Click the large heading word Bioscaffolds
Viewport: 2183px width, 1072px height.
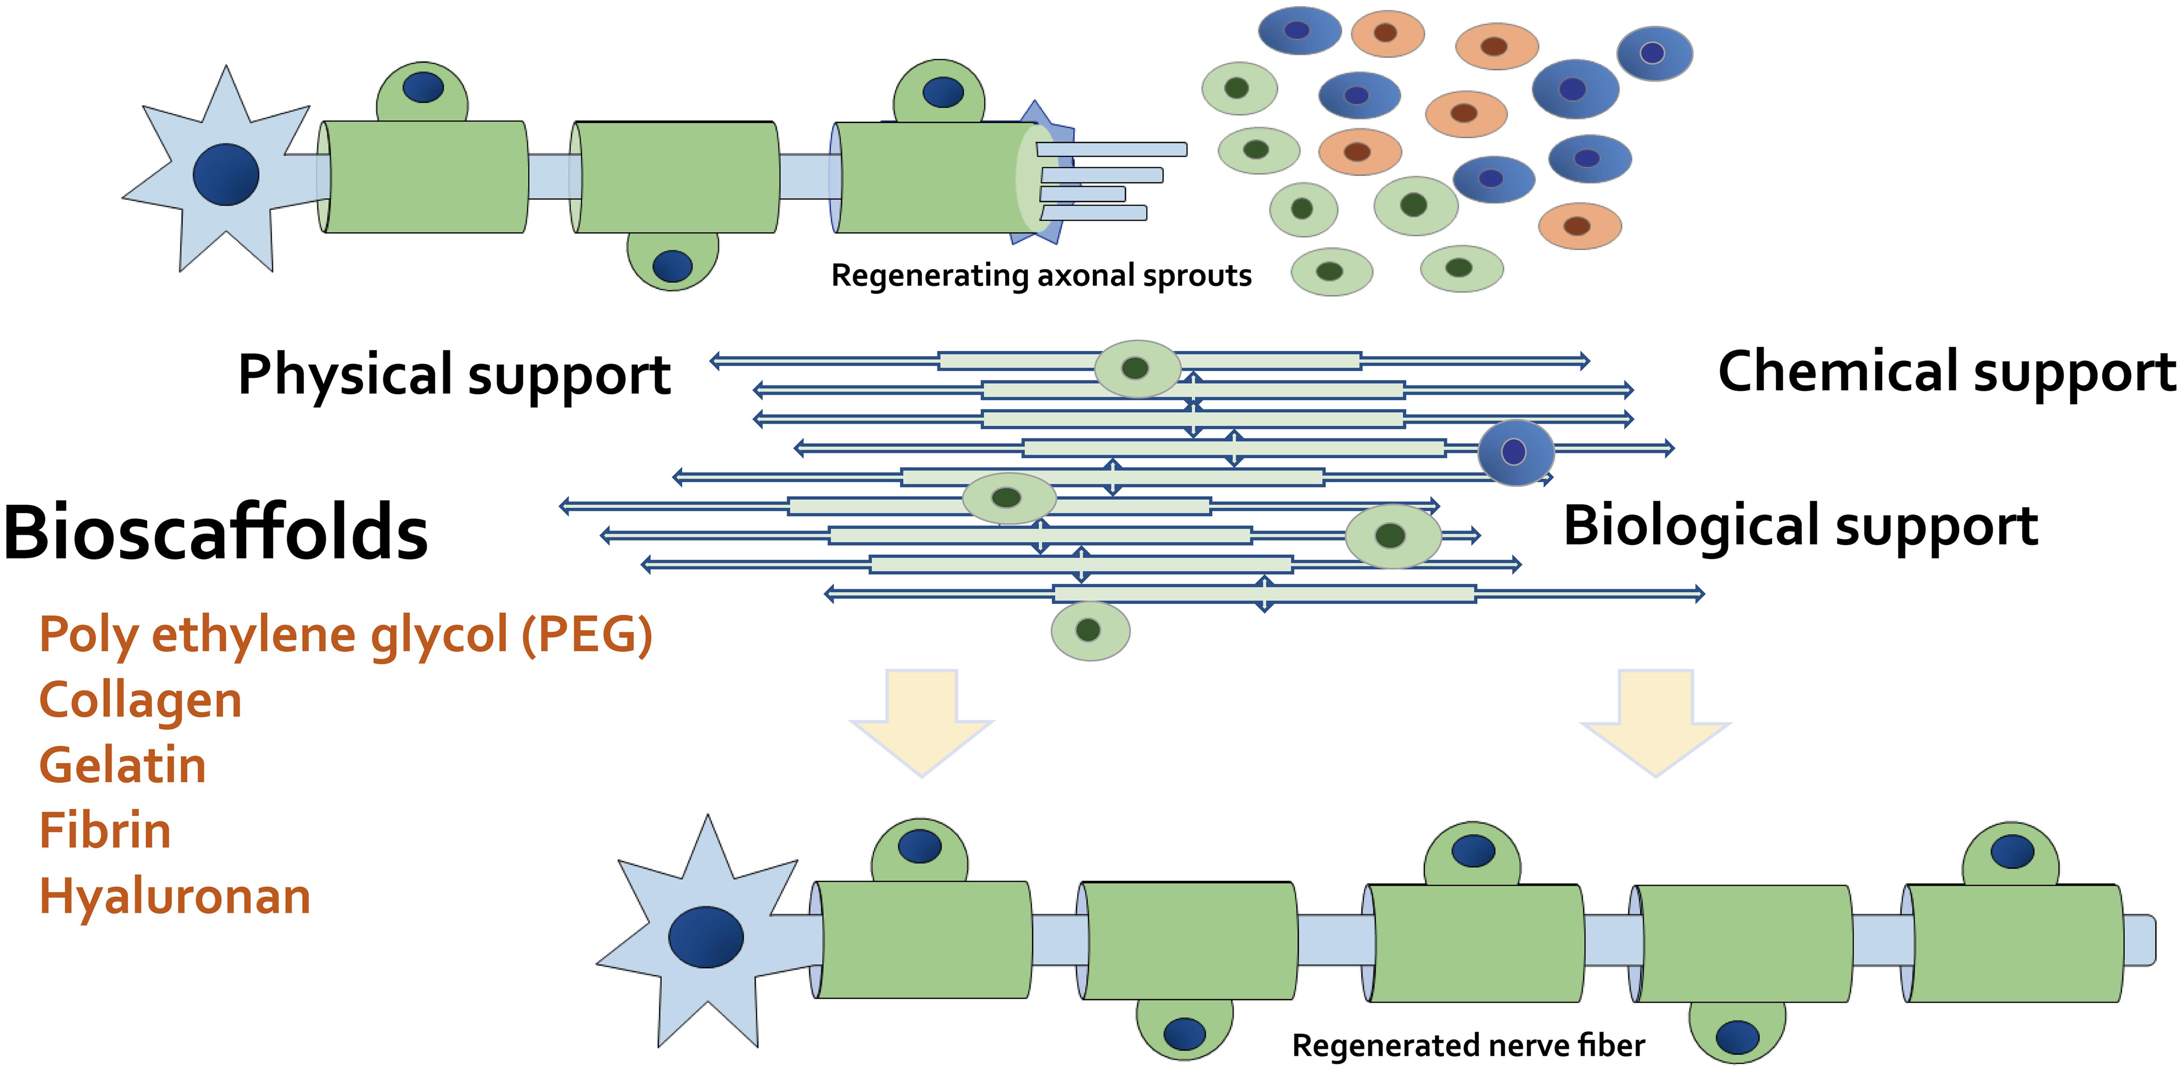point(216,532)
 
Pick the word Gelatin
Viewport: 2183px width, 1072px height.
point(123,765)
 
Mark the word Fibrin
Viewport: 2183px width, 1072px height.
point(105,830)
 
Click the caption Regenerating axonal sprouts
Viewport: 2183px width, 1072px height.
point(1040,275)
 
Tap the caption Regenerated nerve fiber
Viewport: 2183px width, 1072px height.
point(1468,1046)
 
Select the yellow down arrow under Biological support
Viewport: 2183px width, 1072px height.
point(1655,720)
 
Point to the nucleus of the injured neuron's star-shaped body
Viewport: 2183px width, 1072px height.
point(225,174)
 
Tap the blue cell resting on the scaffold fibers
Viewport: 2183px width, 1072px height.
point(1515,451)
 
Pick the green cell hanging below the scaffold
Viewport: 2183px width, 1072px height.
point(1090,630)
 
